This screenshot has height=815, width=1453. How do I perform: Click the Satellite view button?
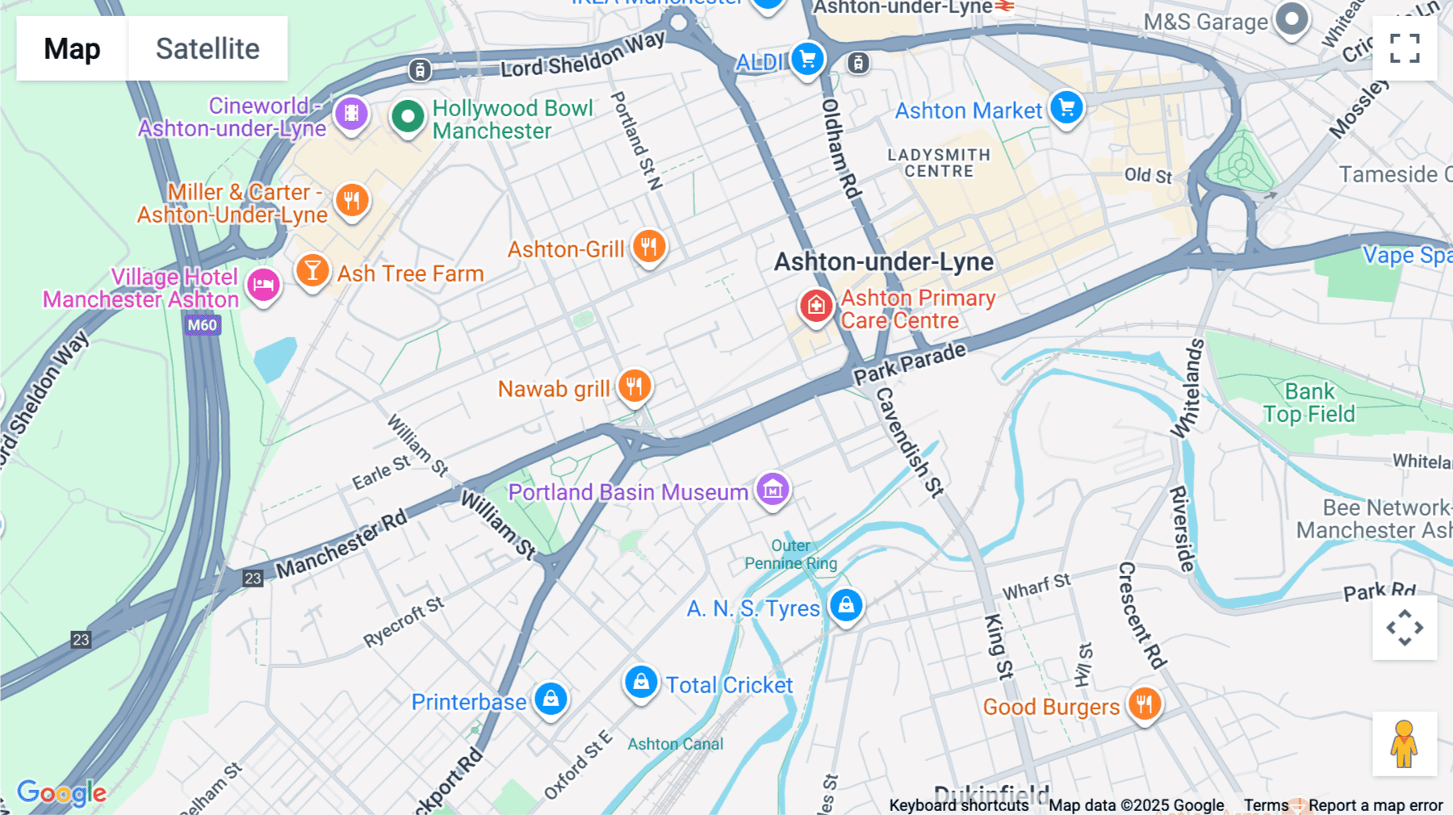coord(207,48)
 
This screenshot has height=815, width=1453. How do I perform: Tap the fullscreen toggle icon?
coord(1405,48)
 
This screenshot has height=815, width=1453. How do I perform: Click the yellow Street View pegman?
coord(1405,743)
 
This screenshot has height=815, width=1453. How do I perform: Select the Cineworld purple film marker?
coord(351,114)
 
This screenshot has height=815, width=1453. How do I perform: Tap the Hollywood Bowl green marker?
coord(408,117)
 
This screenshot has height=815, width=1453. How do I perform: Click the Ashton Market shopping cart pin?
coord(1066,107)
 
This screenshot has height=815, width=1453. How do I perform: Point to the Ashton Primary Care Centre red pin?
coord(816,307)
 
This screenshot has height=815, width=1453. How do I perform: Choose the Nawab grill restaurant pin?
coord(634,387)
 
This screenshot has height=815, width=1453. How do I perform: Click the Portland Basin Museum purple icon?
coord(773,489)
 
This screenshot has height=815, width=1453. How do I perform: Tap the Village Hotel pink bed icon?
coord(263,285)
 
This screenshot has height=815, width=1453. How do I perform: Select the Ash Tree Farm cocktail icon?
coord(312,270)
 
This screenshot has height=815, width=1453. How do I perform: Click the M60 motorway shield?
coord(203,325)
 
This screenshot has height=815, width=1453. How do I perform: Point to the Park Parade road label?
coord(910,364)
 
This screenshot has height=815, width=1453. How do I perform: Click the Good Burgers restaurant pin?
coord(1144,704)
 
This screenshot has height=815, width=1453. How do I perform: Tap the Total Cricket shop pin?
coord(641,683)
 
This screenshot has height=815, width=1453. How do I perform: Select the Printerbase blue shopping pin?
coord(551,698)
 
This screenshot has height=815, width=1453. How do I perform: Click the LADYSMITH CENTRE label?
coord(939,163)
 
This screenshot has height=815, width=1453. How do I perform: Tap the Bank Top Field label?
coord(1309,403)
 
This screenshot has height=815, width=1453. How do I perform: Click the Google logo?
coord(61,792)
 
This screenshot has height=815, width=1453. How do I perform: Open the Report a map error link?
coord(1376,805)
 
